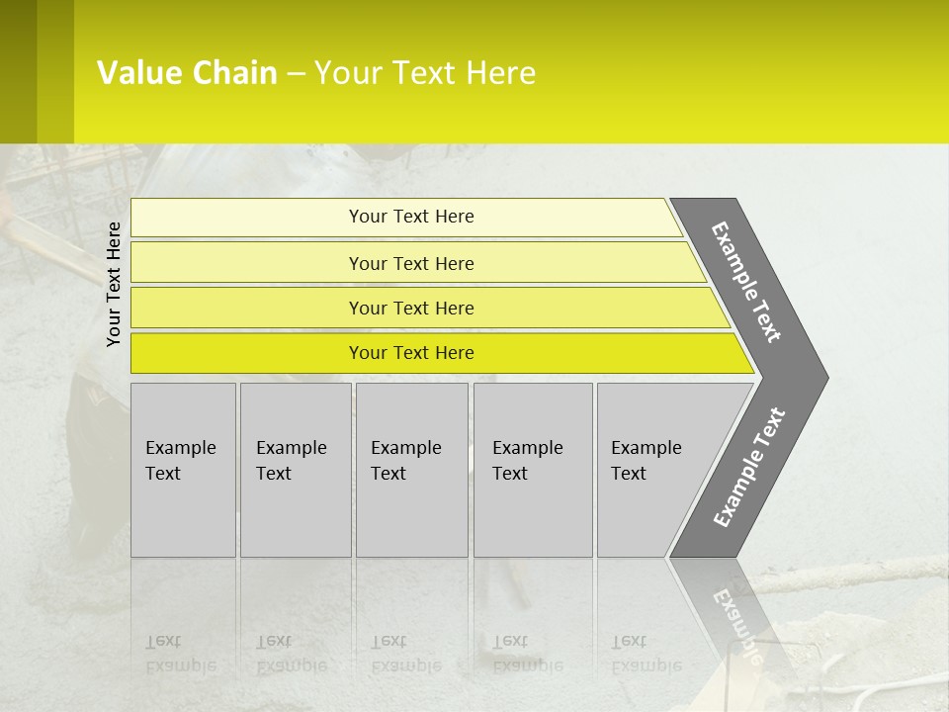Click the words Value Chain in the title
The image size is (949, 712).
[187, 73]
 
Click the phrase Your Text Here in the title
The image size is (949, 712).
[425, 73]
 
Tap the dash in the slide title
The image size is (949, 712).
[296, 74]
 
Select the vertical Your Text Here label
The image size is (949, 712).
[114, 284]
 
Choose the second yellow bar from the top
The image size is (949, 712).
[410, 263]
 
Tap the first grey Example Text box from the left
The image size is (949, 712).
[183, 470]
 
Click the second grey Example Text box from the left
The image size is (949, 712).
[296, 470]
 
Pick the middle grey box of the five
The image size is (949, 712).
[411, 470]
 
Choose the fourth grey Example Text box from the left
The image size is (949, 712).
[533, 470]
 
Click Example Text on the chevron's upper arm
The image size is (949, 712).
[746, 282]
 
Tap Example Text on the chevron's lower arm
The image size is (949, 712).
[748, 468]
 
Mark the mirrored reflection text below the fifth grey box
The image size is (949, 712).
[646, 654]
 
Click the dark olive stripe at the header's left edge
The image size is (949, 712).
[18, 71]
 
